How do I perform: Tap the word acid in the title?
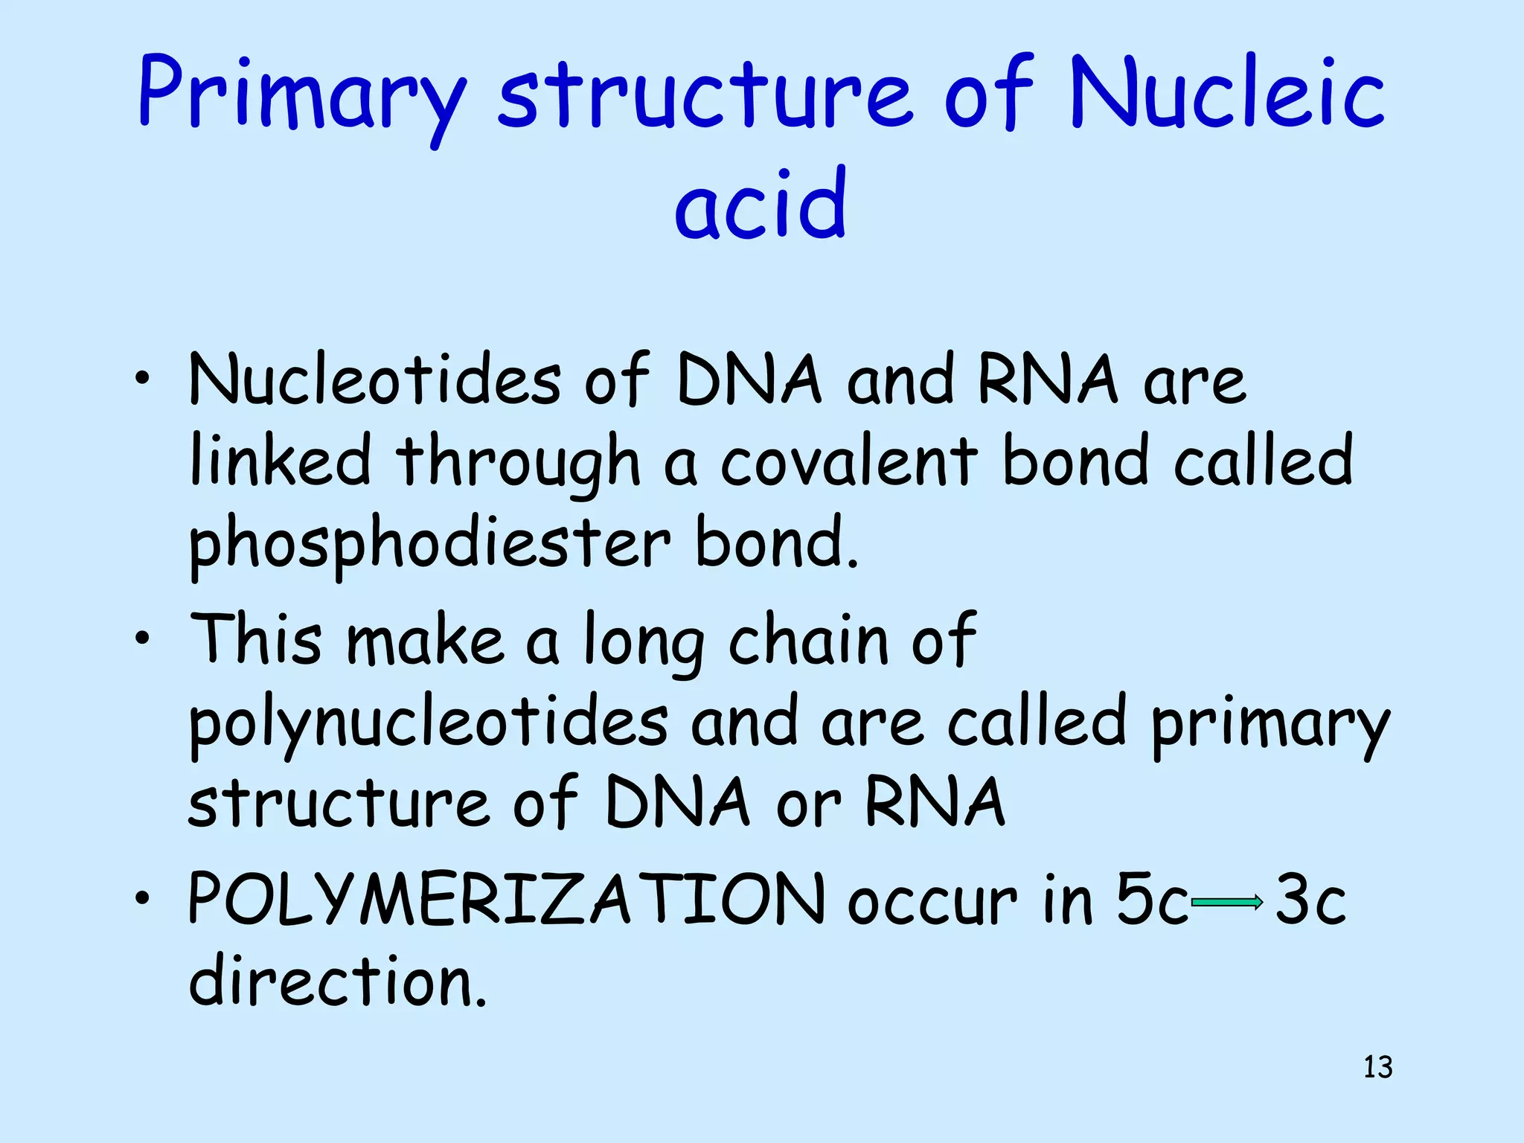point(761,204)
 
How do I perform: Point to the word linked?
point(280,461)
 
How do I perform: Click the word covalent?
point(849,461)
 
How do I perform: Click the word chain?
point(808,640)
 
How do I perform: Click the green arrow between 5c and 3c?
point(1226,903)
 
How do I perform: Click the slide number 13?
point(1377,1067)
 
